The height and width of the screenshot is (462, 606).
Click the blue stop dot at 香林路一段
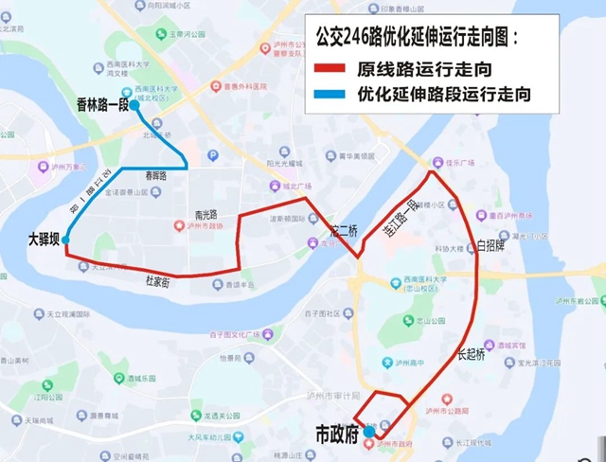coord(134,105)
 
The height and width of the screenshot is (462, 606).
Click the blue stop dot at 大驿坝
coord(66,241)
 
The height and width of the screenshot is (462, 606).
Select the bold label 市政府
coord(335,435)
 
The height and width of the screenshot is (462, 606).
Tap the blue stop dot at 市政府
coord(368,430)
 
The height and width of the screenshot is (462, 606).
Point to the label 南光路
coord(205,214)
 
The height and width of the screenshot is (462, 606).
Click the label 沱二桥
coord(344,230)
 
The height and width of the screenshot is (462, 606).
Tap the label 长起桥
coord(471,355)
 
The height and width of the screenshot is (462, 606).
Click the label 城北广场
coord(296,187)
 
